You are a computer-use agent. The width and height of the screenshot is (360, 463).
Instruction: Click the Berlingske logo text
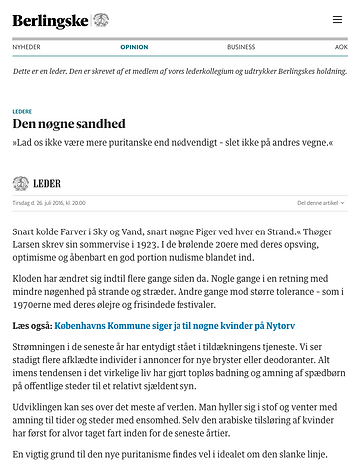[49, 19]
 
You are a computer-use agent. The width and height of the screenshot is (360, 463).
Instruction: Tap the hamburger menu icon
[338, 19]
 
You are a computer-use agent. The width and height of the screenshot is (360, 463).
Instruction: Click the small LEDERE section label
[22, 111]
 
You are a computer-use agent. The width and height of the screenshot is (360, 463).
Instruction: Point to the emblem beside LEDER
[21, 183]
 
